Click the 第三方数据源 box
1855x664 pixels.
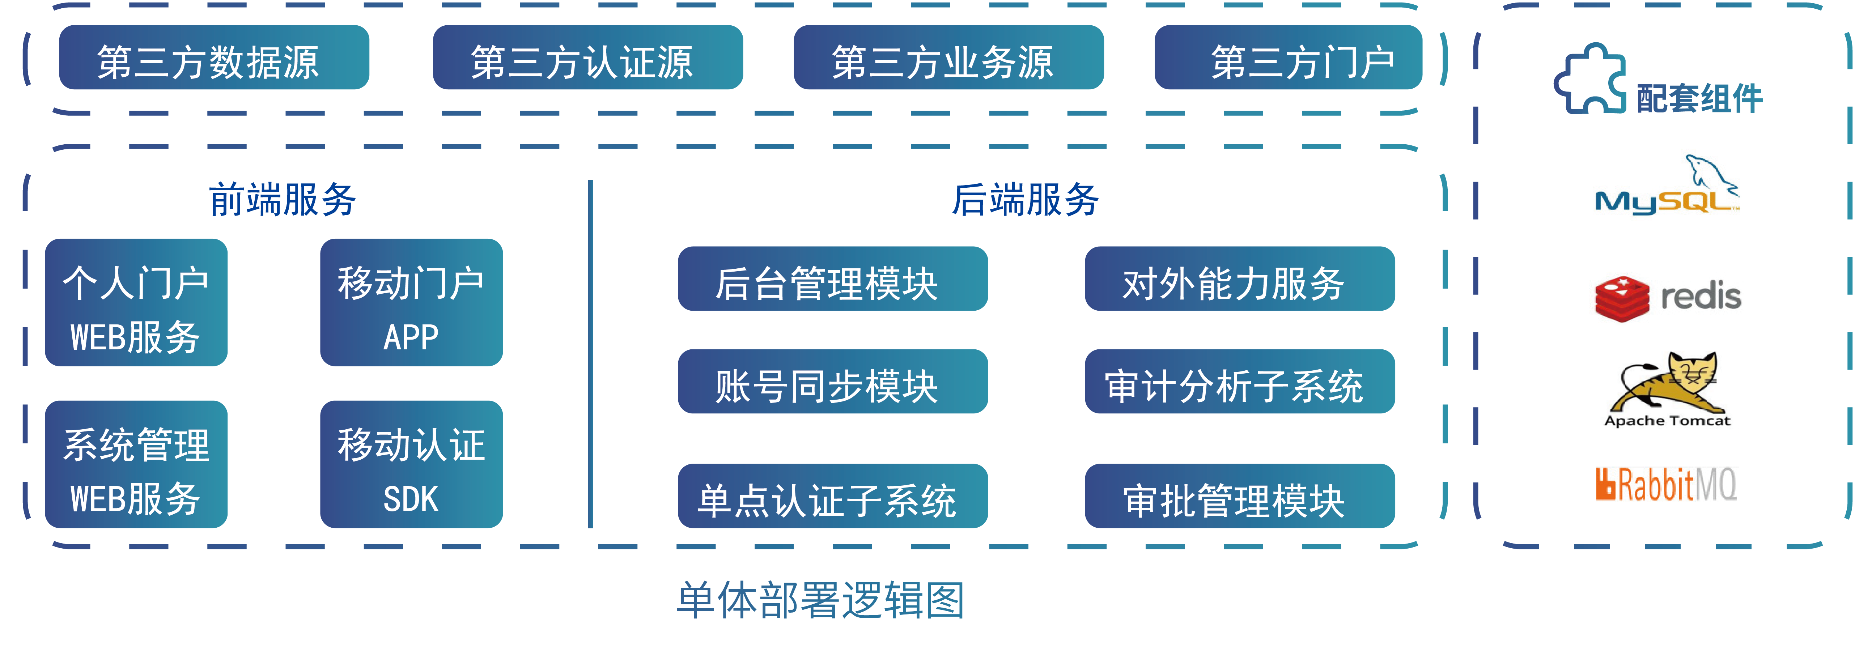point(214,58)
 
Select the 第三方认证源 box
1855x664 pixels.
point(587,58)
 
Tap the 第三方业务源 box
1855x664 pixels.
point(948,58)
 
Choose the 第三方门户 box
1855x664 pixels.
point(1288,58)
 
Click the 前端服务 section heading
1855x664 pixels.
point(282,200)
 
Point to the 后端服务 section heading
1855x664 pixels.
point(1025,200)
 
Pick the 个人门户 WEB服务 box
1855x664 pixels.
point(136,302)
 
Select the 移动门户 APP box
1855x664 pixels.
point(411,302)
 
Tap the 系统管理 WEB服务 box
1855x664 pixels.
point(136,464)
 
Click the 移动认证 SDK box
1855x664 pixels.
point(411,464)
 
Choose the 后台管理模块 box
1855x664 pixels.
point(832,280)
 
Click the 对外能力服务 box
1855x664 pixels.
point(1239,280)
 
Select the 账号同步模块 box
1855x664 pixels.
point(832,382)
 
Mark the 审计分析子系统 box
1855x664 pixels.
point(1239,382)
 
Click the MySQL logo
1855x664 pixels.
point(1667,187)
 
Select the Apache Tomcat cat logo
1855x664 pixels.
point(1667,385)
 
